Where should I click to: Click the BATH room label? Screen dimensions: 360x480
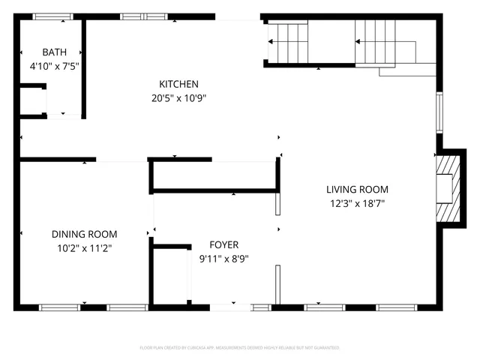tap(54, 52)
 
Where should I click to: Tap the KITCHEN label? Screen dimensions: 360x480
tap(178, 84)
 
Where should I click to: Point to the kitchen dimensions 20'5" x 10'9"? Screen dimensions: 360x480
tap(178, 97)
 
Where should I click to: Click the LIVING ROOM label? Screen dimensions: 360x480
tap(357, 190)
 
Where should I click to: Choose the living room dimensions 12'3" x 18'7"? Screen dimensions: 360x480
tap(357, 203)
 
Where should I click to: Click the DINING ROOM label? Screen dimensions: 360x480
tap(84, 234)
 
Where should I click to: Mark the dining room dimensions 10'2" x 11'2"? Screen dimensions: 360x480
tap(83, 247)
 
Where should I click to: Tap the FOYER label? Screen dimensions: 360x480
tap(223, 245)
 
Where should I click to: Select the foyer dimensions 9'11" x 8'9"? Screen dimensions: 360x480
tap(223, 259)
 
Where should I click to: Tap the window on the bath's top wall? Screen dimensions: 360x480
tap(52, 16)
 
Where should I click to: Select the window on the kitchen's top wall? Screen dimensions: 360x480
tap(143, 16)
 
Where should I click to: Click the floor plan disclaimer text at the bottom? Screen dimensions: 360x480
tap(240, 348)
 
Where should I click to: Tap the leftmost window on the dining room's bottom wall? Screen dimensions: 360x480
tap(60, 307)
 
